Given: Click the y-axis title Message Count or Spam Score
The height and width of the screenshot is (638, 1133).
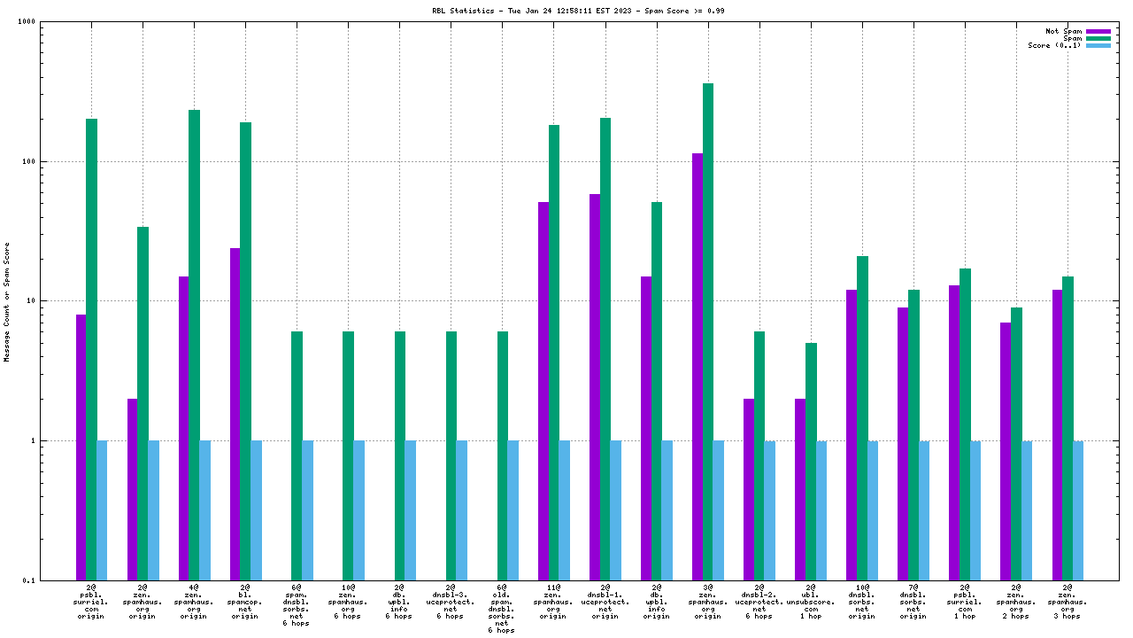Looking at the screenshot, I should [7, 301].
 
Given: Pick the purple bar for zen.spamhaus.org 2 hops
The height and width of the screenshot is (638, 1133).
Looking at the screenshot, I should [1006, 451].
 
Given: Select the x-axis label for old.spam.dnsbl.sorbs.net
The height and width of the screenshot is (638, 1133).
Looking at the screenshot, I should [502, 609].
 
